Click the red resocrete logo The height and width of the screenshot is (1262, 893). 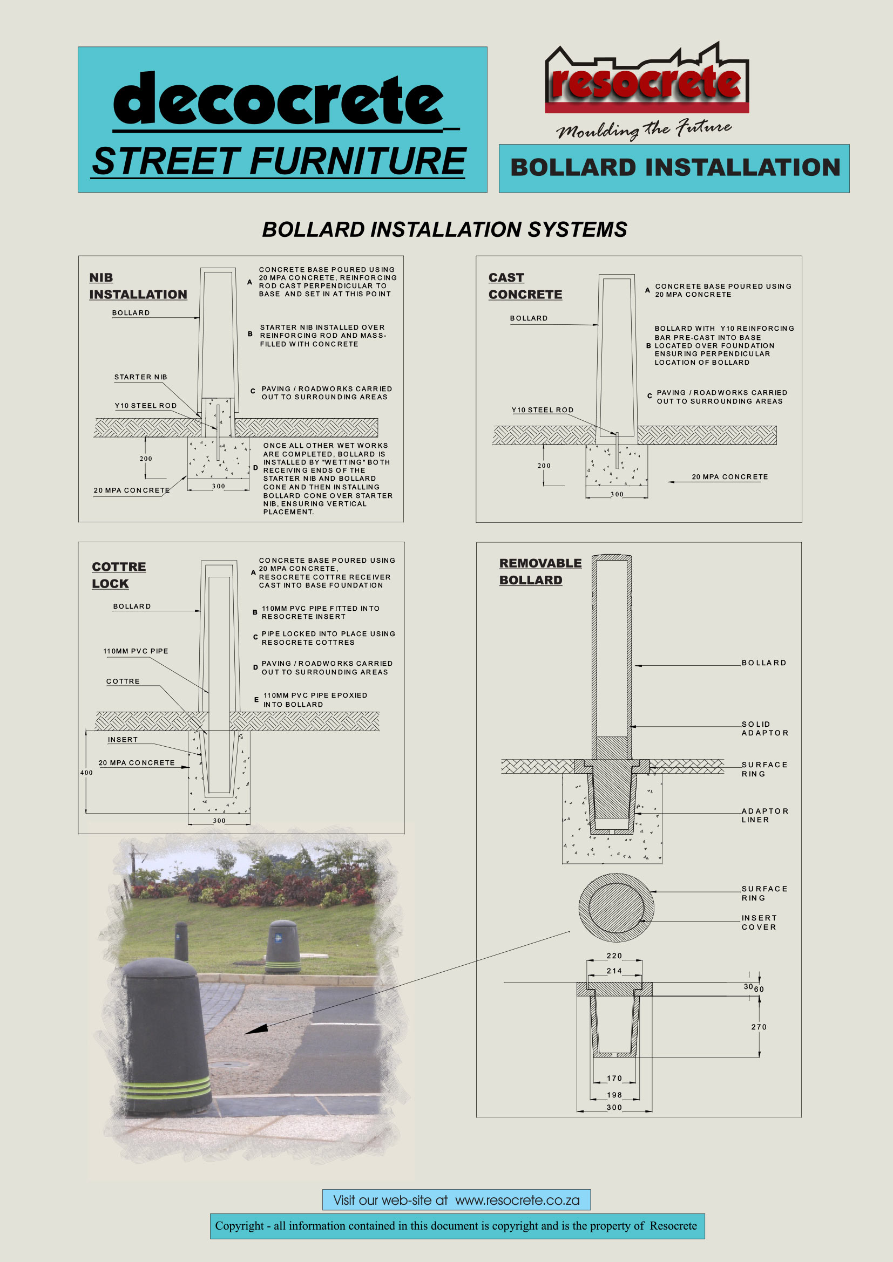647,81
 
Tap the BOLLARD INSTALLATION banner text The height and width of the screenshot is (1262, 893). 675,168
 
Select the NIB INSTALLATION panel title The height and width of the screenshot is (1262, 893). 138,286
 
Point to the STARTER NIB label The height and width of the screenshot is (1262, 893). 141,377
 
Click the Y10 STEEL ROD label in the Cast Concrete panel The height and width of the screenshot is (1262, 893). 542,410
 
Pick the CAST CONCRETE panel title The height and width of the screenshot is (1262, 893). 525,286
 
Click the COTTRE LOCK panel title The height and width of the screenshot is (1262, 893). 119,575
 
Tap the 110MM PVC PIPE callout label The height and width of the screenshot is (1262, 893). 136,651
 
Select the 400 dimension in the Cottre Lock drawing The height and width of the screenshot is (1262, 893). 86,773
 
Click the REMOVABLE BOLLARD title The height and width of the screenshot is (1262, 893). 540,571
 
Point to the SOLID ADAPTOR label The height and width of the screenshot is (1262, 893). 765,729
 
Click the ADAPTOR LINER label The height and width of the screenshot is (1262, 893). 765,816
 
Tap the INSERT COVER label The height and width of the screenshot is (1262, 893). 759,923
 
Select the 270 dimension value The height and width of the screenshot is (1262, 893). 759,1027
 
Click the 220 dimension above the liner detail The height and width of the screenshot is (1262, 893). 614,957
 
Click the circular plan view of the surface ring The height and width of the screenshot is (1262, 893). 617,908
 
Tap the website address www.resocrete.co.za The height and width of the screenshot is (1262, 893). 517,1200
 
